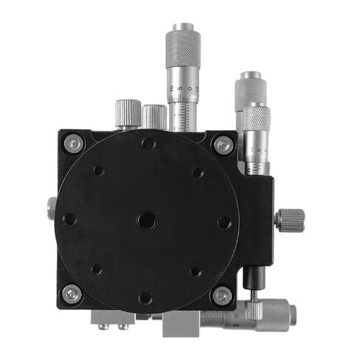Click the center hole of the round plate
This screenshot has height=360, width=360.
tap(146, 219)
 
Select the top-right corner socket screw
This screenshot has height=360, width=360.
tap(222, 145)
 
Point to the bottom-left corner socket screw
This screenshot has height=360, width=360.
tap(72, 294)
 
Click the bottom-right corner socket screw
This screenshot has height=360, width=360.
tap(221, 295)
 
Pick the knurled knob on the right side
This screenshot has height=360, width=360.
tap(291, 218)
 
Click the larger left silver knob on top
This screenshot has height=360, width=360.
tap(126, 114)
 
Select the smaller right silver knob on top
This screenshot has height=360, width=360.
tap(154, 116)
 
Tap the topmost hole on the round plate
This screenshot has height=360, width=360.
tap(148, 144)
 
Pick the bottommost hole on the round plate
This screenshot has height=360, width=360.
tap(145, 297)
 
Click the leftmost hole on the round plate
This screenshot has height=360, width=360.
tap(69, 219)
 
